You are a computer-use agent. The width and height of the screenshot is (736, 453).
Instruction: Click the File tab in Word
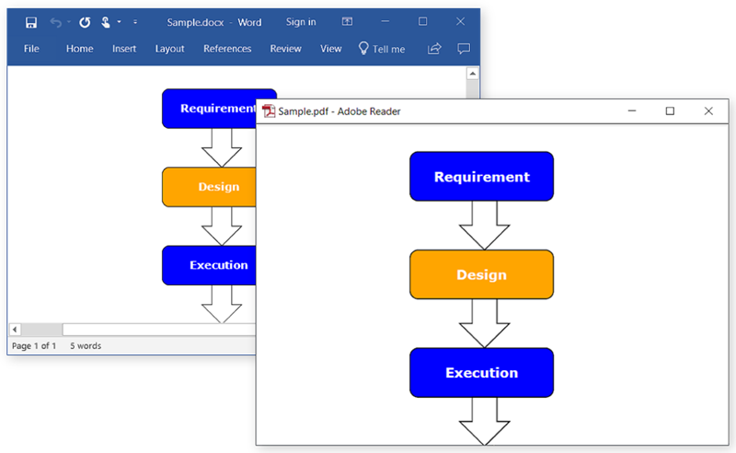[x=31, y=49]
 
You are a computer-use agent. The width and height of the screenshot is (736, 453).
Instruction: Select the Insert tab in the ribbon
[x=124, y=49]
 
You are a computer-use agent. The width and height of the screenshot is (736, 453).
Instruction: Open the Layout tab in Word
[x=169, y=49]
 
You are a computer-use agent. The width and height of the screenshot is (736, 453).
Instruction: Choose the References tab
[x=227, y=49]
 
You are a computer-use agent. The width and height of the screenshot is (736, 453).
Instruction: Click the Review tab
[x=286, y=49]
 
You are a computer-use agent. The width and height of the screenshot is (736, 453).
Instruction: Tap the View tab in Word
[x=331, y=49]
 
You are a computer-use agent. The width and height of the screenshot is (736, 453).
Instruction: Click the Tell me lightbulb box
[x=382, y=49]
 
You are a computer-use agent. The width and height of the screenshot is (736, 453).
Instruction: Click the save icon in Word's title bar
[x=31, y=22]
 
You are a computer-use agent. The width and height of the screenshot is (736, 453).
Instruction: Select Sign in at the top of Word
[x=301, y=22]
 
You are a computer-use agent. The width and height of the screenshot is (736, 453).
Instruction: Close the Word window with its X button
[x=460, y=21]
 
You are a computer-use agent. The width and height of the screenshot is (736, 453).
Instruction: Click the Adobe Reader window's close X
[x=708, y=111]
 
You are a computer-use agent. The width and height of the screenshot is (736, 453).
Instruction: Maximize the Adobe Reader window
[x=670, y=111]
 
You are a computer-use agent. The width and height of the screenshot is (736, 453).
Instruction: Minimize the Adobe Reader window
[x=632, y=111]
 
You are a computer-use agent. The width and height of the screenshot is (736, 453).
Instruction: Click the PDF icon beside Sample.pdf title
[x=269, y=111]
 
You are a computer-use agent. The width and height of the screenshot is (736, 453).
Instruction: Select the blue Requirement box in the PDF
[x=481, y=177]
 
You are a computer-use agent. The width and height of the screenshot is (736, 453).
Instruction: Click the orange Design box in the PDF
[x=481, y=274]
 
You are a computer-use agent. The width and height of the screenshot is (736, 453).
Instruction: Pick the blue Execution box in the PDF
[x=481, y=373]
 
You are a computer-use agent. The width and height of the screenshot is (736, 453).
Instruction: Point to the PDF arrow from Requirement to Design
[x=484, y=226]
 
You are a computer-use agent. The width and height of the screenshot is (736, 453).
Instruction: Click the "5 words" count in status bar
[x=86, y=346]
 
